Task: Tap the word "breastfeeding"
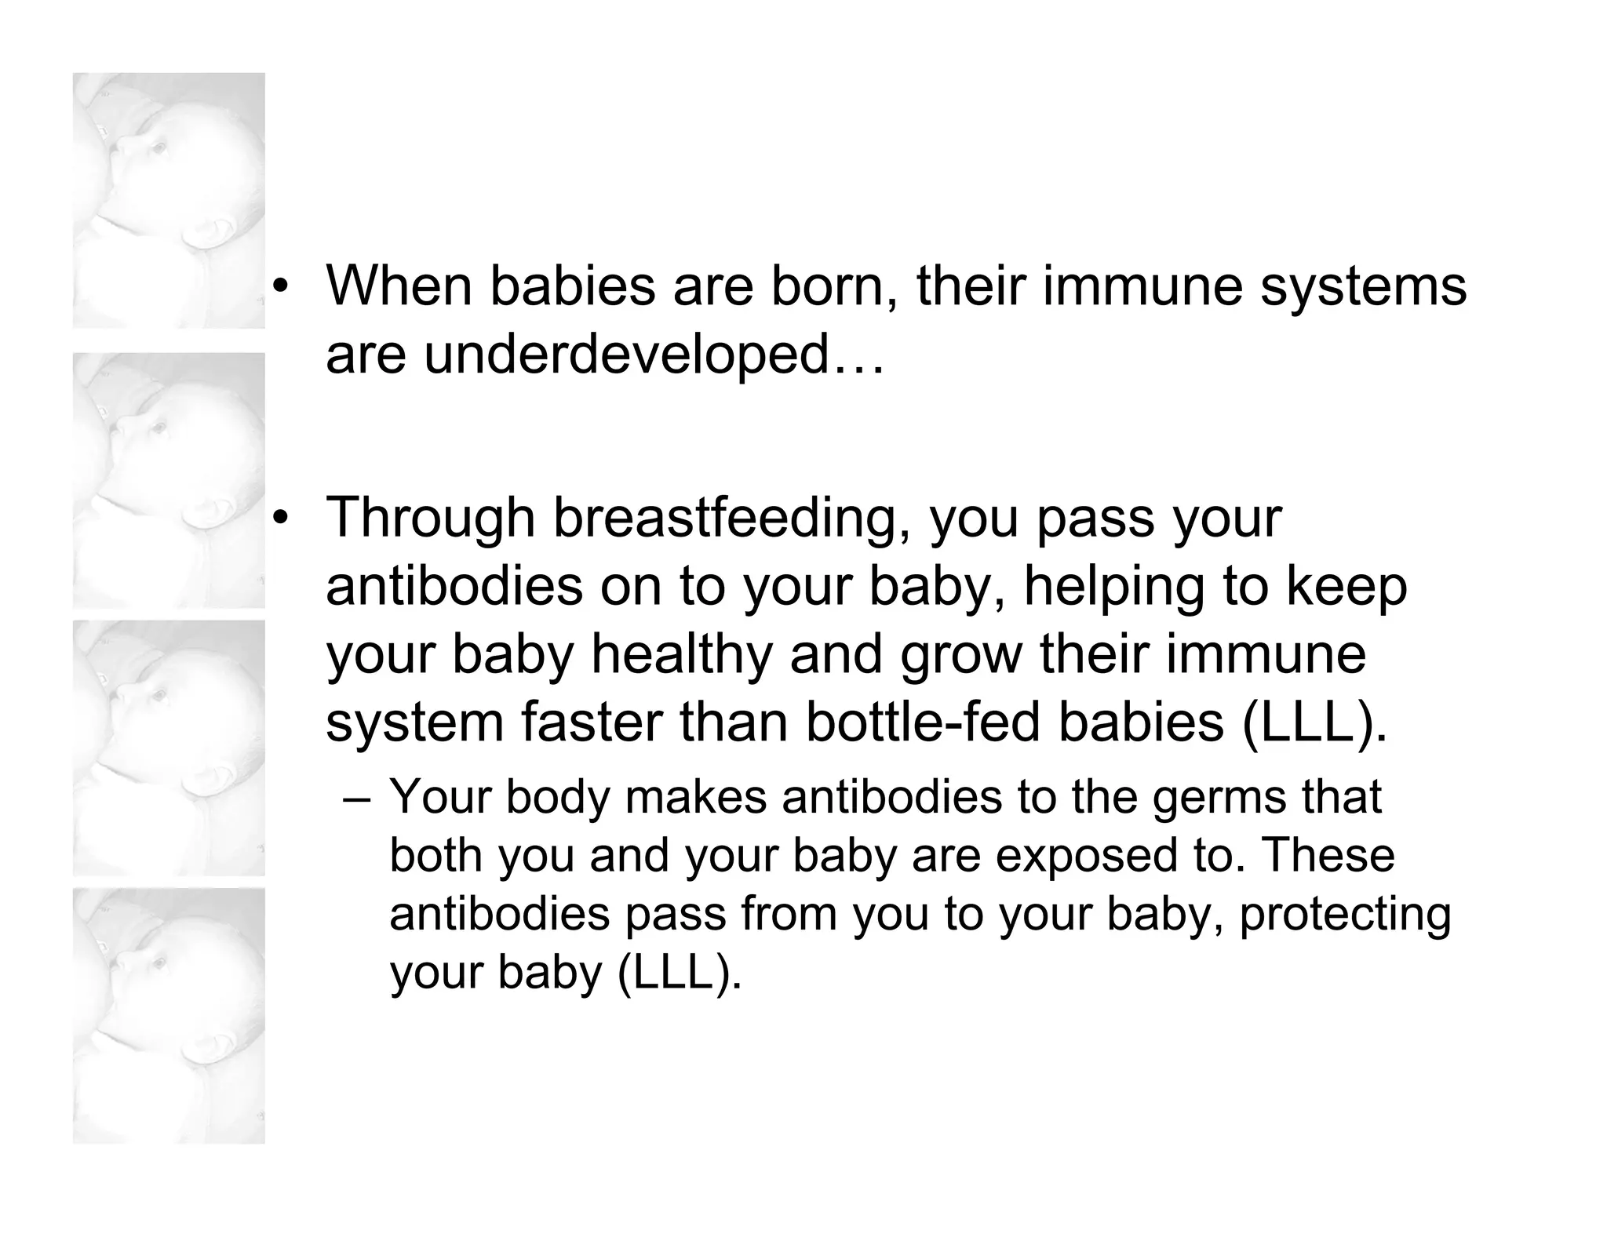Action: coord(725,519)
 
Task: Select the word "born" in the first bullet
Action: coord(833,286)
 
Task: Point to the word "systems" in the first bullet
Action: coord(1363,286)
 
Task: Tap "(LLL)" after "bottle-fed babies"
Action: coord(1314,722)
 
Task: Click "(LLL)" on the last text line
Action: coord(680,973)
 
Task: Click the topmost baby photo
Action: coord(169,200)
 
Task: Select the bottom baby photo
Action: coord(169,1016)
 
